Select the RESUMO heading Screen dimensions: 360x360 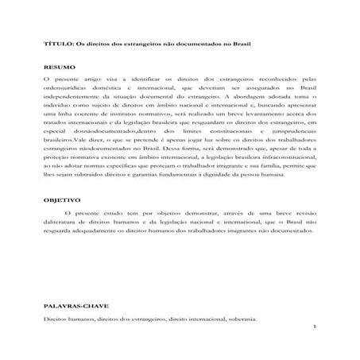[57, 69]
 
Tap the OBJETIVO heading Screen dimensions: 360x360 [60, 224]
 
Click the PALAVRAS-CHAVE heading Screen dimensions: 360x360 [74, 306]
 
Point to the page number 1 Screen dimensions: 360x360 [315, 327]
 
